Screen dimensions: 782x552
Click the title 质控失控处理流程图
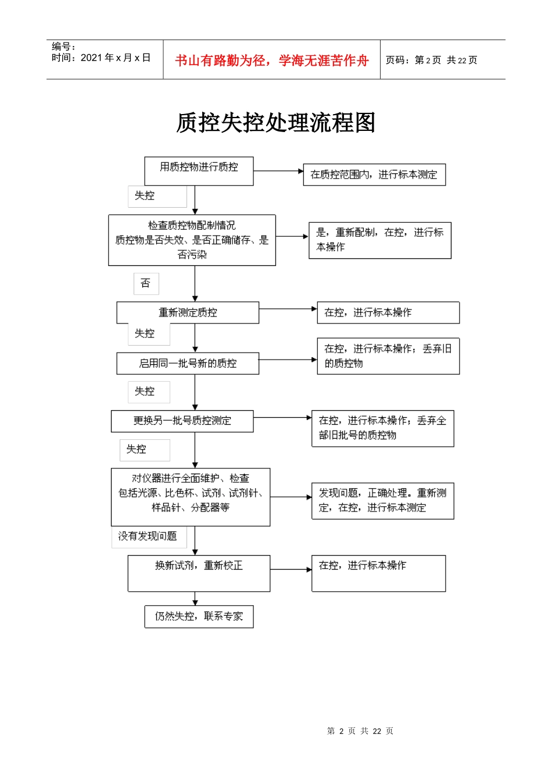275,123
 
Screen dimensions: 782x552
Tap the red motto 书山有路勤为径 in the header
271,61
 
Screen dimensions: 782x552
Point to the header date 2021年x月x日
101,58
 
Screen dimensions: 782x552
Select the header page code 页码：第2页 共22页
431,61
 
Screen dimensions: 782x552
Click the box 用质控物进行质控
199,171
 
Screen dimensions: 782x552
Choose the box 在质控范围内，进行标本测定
374,175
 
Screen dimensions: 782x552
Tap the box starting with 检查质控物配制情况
192,240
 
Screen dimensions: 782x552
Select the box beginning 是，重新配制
380,240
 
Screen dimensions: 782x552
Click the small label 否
146,283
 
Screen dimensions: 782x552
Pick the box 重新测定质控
188,312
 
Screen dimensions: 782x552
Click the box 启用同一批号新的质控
188,363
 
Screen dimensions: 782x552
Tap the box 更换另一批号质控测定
182,421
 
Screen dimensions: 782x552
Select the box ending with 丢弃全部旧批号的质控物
382,428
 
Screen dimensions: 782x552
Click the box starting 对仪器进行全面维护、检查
191,497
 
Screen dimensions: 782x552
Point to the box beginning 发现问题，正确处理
382,500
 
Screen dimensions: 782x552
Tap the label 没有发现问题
148,536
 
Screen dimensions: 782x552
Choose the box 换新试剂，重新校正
199,573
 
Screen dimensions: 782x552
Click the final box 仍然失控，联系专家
199,617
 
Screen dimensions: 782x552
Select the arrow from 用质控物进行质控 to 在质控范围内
278,171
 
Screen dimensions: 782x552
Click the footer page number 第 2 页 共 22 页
360,731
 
